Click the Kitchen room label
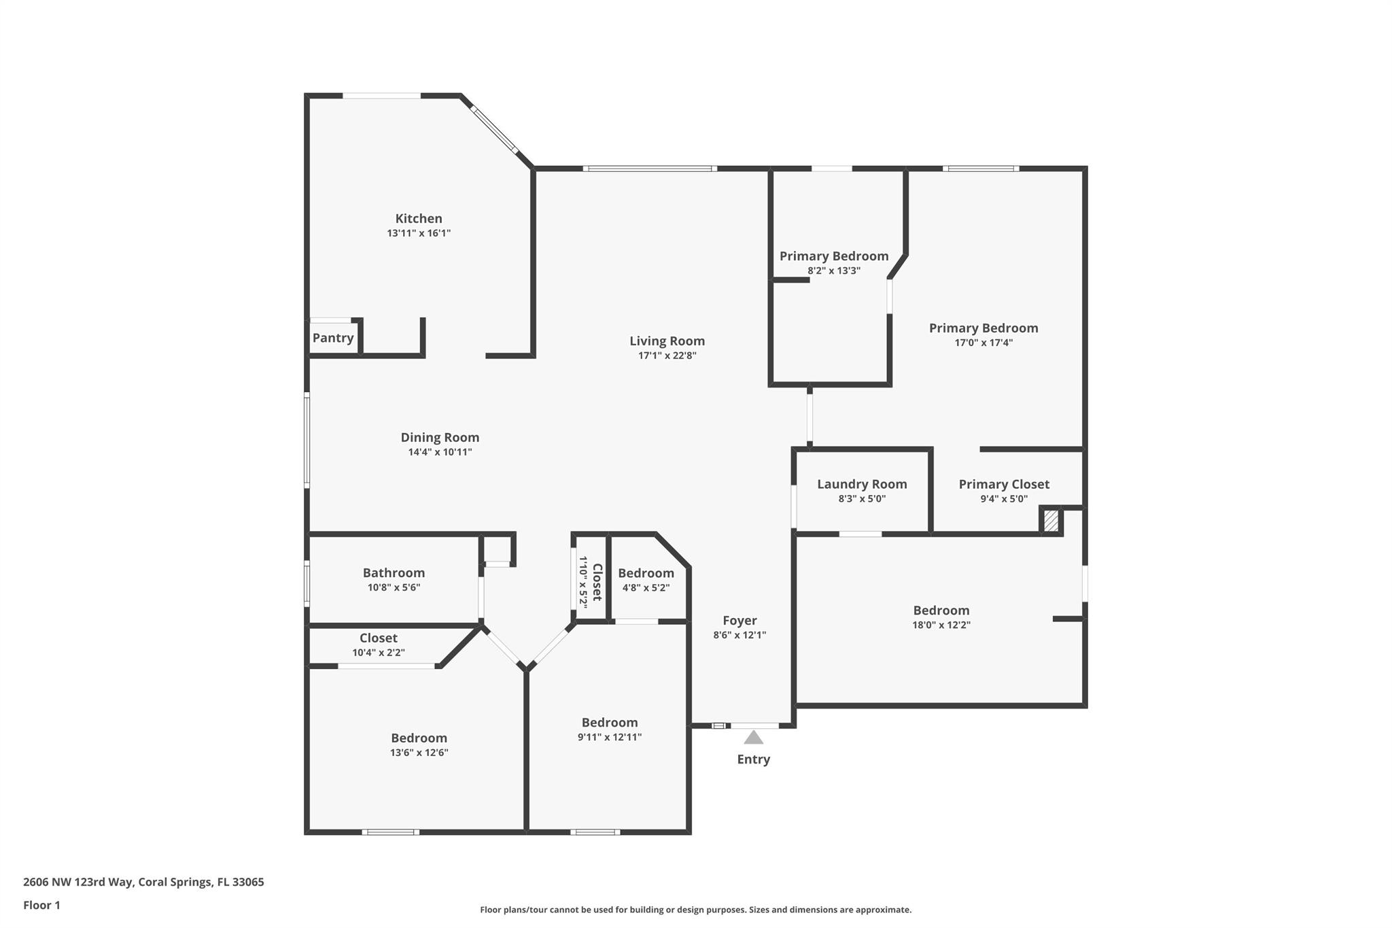click(x=419, y=219)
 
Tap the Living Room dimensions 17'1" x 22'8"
click(x=667, y=356)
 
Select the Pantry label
click(x=333, y=338)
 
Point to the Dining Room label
click(x=440, y=438)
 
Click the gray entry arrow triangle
click(x=753, y=738)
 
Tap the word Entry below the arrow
click(x=753, y=759)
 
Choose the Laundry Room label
click(x=862, y=484)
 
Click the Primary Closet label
click(x=1004, y=484)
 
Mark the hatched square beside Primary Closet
click(x=1051, y=521)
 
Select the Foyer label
click(x=739, y=621)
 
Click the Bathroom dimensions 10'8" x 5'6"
click(x=394, y=587)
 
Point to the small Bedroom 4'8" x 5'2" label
click(x=646, y=573)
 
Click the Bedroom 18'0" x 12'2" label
click(x=941, y=611)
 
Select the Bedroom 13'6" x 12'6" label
click(x=419, y=738)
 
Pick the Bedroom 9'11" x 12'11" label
click(x=609, y=723)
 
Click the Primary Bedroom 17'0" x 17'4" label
click(x=984, y=328)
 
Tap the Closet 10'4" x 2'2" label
click(x=379, y=638)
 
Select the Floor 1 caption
click(x=41, y=906)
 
